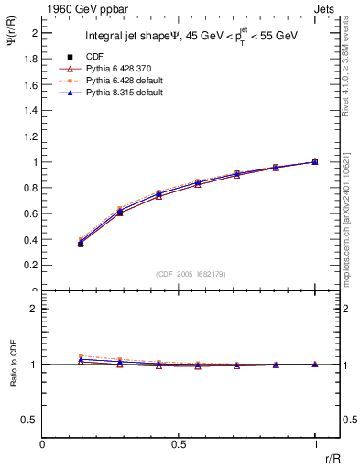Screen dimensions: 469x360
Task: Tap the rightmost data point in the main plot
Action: coord(315,161)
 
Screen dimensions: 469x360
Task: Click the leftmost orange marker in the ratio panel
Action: coord(81,355)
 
